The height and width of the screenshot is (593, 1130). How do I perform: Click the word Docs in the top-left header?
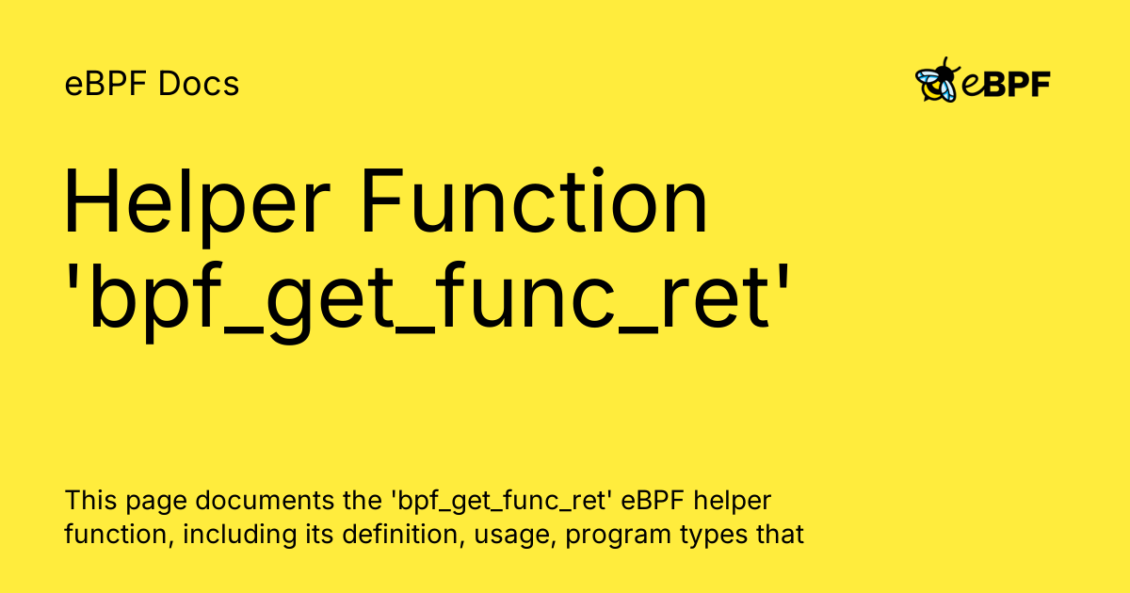(199, 83)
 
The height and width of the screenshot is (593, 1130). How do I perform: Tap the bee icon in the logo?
(937, 80)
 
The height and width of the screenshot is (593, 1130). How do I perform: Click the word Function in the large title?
(535, 200)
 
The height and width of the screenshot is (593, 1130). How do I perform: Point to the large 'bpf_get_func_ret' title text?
(427, 299)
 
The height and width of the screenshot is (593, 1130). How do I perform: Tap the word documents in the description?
(265, 500)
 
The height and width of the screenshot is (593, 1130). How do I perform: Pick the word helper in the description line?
(733, 501)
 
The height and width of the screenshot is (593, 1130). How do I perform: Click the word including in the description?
(239, 535)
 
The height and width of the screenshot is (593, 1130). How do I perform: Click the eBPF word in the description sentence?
(653, 500)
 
